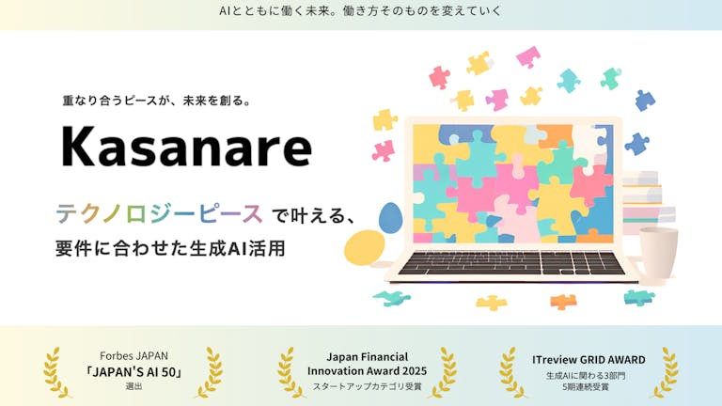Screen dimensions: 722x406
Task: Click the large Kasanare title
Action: (x=186, y=147)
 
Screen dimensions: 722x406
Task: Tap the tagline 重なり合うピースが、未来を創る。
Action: (x=157, y=101)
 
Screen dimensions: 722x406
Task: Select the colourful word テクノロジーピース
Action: (x=159, y=214)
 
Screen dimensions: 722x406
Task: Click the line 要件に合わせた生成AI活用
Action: (x=170, y=248)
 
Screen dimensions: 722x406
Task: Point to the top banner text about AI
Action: (x=360, y=11)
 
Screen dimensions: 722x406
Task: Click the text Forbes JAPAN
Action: (x=134, y=356)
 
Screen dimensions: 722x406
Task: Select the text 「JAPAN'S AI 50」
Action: (x=134, y=372)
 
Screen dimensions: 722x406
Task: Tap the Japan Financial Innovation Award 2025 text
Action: (x=367, y=364)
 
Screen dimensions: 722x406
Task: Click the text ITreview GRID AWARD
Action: (x=589, y=360)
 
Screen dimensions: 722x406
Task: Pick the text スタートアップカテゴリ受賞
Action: (x=367, y=386)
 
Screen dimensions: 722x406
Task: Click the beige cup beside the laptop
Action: (x=658, y=252)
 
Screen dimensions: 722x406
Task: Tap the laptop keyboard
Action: (x=511, y=263)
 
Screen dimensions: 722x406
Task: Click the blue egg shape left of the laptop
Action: (x=390, y=218)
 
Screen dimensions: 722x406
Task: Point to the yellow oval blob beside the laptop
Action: (x=364, y=248)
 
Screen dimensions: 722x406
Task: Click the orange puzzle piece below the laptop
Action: (x=563, y=302)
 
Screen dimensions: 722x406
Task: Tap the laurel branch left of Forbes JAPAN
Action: (x=56, y=372)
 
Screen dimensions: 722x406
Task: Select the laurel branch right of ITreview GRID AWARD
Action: (x=665, y=372)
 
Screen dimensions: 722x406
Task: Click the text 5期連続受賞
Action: (x=586, y=387)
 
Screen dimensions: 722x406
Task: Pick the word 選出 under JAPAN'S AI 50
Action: (x=134, y=386)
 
